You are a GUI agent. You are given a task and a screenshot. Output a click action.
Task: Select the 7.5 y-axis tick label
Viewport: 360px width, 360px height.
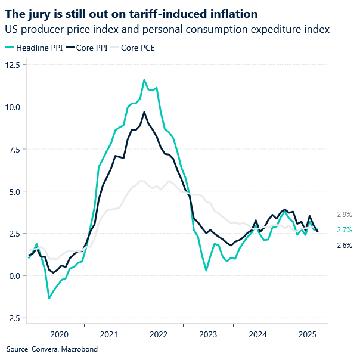pos(13,149)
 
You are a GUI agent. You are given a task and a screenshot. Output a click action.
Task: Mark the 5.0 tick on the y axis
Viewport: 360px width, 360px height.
pos(13,191)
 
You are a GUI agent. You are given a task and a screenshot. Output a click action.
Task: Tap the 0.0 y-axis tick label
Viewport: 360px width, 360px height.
pos(13,275)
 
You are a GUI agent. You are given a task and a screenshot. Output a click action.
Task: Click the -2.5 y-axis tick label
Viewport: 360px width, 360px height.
pos(11,318)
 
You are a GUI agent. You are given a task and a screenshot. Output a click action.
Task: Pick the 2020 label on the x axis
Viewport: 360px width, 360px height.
pos(60,335)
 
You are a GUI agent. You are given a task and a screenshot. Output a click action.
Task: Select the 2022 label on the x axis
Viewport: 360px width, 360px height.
pos(159,335)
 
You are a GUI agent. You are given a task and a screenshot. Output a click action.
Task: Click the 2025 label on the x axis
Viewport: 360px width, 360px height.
pos(307,335)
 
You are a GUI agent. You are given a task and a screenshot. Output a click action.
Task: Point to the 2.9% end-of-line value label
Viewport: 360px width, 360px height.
pos(345,214)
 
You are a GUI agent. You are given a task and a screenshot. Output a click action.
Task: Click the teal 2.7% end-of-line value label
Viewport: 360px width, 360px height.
pos(345,229)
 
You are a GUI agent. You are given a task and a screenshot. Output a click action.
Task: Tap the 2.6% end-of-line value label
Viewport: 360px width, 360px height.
pos(345,245)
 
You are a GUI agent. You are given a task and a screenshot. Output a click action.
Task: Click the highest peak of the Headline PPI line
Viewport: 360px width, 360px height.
pos(144,80)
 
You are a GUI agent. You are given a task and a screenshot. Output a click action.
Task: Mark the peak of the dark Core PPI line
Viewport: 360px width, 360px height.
pos(144,112)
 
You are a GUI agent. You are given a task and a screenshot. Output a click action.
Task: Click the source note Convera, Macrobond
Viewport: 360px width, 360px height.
pos(52,349)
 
